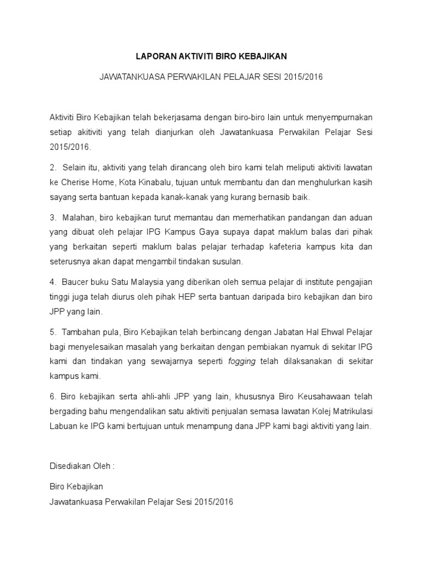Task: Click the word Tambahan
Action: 83,332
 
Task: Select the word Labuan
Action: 63,426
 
